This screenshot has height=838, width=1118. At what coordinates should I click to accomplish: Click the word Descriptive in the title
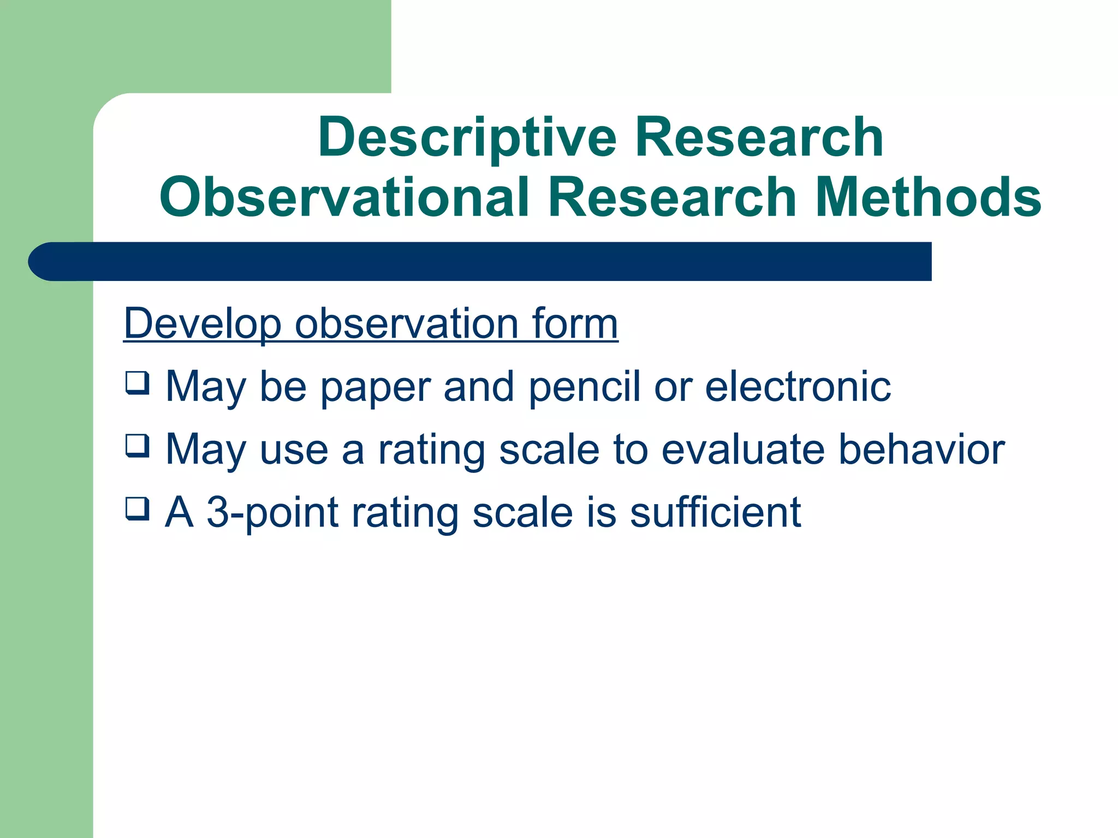(x=467, y=139)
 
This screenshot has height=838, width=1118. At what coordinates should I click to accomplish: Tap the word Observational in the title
(x=344, y=197)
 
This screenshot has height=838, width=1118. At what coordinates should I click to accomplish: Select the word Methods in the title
(x=927, y=197)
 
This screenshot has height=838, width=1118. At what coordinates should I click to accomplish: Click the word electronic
(x=798, y=387)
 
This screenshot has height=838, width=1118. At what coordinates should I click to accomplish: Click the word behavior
(x=921, y=450)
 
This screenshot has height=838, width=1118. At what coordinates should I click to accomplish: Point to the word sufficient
(x=715, y=512)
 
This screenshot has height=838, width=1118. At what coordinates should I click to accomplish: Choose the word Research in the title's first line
(x=759, y=139)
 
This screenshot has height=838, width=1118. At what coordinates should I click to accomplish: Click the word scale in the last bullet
(x=522, y=512)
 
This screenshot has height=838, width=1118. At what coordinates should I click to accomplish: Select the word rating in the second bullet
(x=431, y=451)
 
